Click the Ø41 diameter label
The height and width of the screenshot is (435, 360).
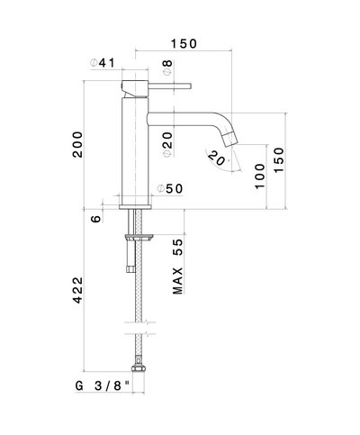(103, 63)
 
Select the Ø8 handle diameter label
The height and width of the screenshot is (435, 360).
(167, 67)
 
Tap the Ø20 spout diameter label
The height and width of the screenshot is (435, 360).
(167, 144)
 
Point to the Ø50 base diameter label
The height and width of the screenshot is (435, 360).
(170, 188)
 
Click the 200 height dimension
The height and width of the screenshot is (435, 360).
(77, 144)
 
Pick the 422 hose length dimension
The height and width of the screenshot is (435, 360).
(77, 290)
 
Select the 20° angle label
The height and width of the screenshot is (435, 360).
(218, 159)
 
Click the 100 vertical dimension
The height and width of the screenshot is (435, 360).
(260, 176)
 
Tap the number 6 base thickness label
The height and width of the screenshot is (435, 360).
(96, 219)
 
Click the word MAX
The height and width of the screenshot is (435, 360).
(177, 281)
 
